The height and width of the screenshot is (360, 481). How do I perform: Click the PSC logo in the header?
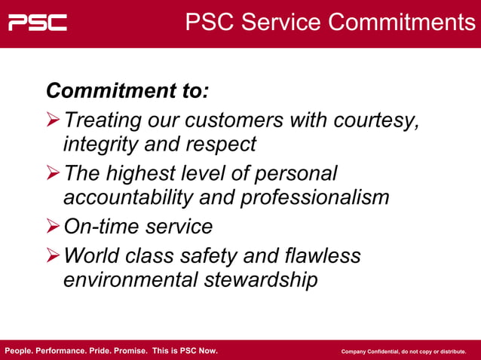[x=38, y=23]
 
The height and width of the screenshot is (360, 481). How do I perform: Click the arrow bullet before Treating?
[x=53, y=121]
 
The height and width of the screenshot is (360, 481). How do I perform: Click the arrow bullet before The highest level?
[x=53, y=174]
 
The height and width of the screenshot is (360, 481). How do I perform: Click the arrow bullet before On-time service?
[x=53, y=227]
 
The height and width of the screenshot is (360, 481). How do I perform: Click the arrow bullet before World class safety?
[x=53, y=256]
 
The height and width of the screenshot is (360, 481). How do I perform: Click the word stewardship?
[x=259, y=279]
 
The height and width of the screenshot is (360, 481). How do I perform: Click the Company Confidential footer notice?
[x=403, y=352]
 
